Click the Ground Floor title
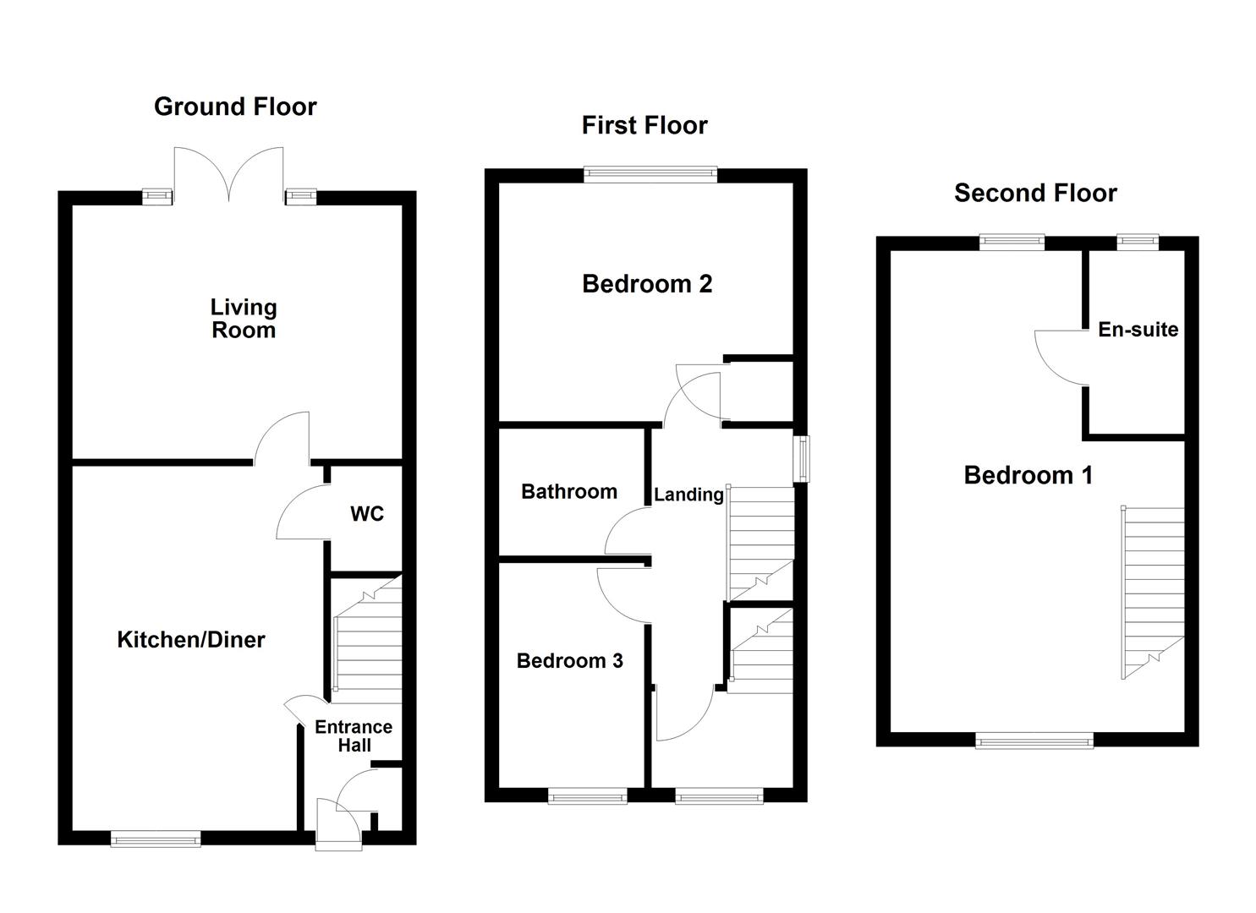[235, 107]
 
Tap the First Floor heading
[644, 125]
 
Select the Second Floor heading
[1035, 193]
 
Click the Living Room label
[244, 319]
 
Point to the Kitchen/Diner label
[190, 639]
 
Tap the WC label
[367, 514]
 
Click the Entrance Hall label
[354, 735]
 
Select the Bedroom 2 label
[647, 283]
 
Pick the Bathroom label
[569, 491]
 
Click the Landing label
[688, 495]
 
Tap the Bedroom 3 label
[570, 661]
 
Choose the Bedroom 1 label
[1028, 475]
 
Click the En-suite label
[1138, 330]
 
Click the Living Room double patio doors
[228, 174]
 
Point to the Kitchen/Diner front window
[156, 839]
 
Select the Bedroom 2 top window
[650, 174]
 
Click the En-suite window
[1138, 242]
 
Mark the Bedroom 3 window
[587, 795]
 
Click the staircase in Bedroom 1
[1153, 593]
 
